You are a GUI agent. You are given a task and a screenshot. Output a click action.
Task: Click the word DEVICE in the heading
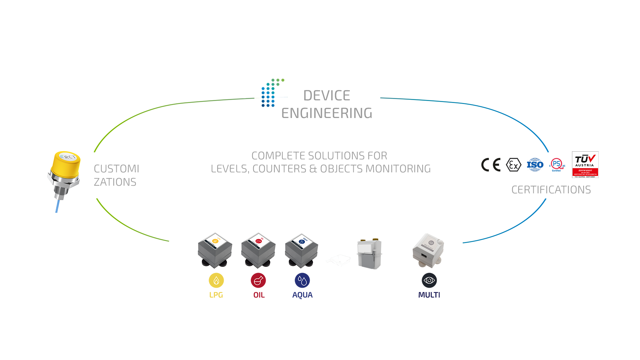[x=326, y=96]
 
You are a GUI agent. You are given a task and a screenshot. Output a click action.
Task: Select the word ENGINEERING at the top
[x=327, y=113]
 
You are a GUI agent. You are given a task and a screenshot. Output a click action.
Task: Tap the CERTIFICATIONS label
[x=551, y=190]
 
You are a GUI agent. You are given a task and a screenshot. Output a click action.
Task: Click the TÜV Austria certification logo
[x=585, y=165]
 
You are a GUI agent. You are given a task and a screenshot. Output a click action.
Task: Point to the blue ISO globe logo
[x=535, y=165]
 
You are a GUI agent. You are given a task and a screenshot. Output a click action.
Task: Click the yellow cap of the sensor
[x=67, y=163]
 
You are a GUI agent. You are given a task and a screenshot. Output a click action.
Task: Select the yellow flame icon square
[x=216, y=280]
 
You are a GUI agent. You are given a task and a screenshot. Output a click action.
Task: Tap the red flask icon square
[x=258, y=280]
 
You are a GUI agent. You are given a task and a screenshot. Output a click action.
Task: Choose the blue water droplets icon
[x=302, y=280]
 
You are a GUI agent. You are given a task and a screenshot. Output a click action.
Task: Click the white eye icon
[x=429, y=280]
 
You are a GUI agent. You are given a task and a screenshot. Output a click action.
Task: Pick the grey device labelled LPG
[x=215, y=250]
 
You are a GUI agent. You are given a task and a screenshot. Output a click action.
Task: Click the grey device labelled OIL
[x=258, y=250]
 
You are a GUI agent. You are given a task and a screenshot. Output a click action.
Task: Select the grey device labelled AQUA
[x=302, y=251]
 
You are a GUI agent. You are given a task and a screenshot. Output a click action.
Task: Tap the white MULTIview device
[x=428, y=251]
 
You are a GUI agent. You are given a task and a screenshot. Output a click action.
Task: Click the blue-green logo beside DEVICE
[x=273, y=93]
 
